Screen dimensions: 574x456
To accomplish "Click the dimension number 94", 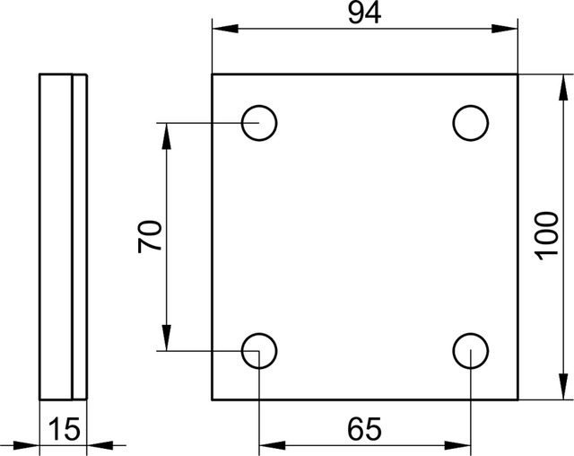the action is [364, 13].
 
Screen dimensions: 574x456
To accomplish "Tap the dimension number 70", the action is [150, 237].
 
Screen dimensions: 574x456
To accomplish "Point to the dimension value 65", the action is [364, 429].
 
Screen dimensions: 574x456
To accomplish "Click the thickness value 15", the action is [64, 429].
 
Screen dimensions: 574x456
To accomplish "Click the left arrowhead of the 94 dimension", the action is [225, 29].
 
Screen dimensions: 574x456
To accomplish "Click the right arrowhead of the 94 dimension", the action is [505, 29].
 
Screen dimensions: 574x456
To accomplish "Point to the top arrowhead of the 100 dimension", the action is [564, 87].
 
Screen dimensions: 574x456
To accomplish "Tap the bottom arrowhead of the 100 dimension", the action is [564, 387].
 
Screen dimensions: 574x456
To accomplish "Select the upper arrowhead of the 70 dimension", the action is [167, 136].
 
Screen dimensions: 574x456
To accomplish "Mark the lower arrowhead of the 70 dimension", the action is [167, 338].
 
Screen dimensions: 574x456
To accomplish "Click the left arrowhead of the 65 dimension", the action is [273, 445].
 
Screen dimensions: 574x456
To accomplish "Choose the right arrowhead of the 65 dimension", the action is [457, 445].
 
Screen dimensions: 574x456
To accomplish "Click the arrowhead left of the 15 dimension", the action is [26, 445].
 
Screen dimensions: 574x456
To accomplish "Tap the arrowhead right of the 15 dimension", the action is [100, 445].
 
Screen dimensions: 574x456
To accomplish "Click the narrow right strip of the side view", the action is [80, 237].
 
